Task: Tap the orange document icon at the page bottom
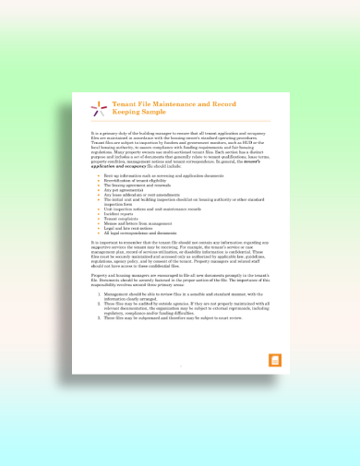coord(273,360)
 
